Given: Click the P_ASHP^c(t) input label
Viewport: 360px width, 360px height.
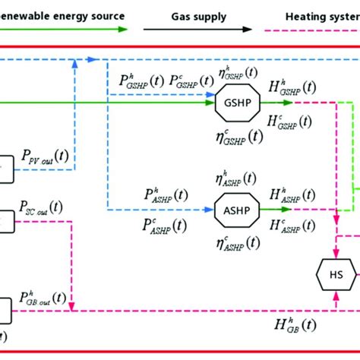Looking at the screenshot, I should point(162,225).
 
